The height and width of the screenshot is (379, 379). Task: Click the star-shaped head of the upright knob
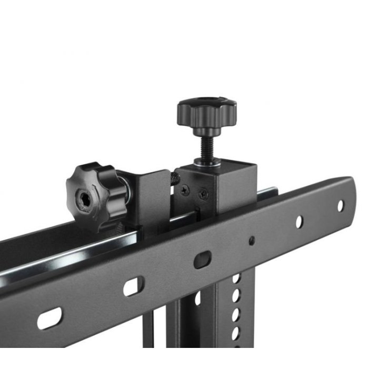click(206, 111)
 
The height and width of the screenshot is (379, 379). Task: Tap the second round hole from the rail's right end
click(299, 222)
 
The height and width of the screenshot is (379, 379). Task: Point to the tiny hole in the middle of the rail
click(251, 241)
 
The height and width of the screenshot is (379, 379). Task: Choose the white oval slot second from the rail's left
click(132, 287)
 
